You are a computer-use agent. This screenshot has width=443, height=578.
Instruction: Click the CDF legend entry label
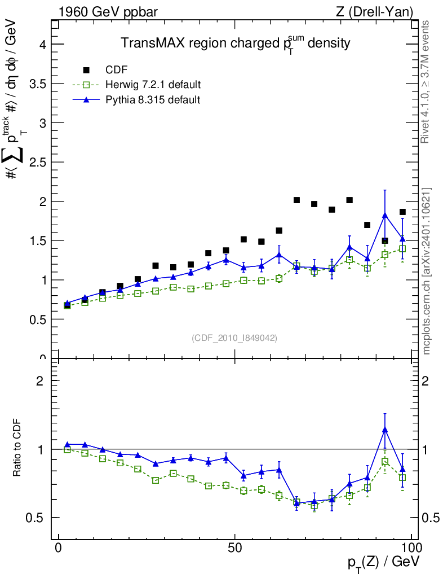point(117,70)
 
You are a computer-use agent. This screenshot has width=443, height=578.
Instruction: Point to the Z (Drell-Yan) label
point(374,11)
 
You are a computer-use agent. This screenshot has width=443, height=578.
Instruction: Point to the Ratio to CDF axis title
point(18,448)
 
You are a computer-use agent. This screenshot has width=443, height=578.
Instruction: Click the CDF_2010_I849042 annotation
point(234,338)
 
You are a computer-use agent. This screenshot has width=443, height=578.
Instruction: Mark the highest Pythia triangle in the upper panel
point(385,215)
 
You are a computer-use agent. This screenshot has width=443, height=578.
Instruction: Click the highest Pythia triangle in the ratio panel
point(385,430)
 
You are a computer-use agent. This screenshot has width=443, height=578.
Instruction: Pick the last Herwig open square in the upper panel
point(402,249)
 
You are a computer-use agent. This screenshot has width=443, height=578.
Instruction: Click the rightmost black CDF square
point(402,212)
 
